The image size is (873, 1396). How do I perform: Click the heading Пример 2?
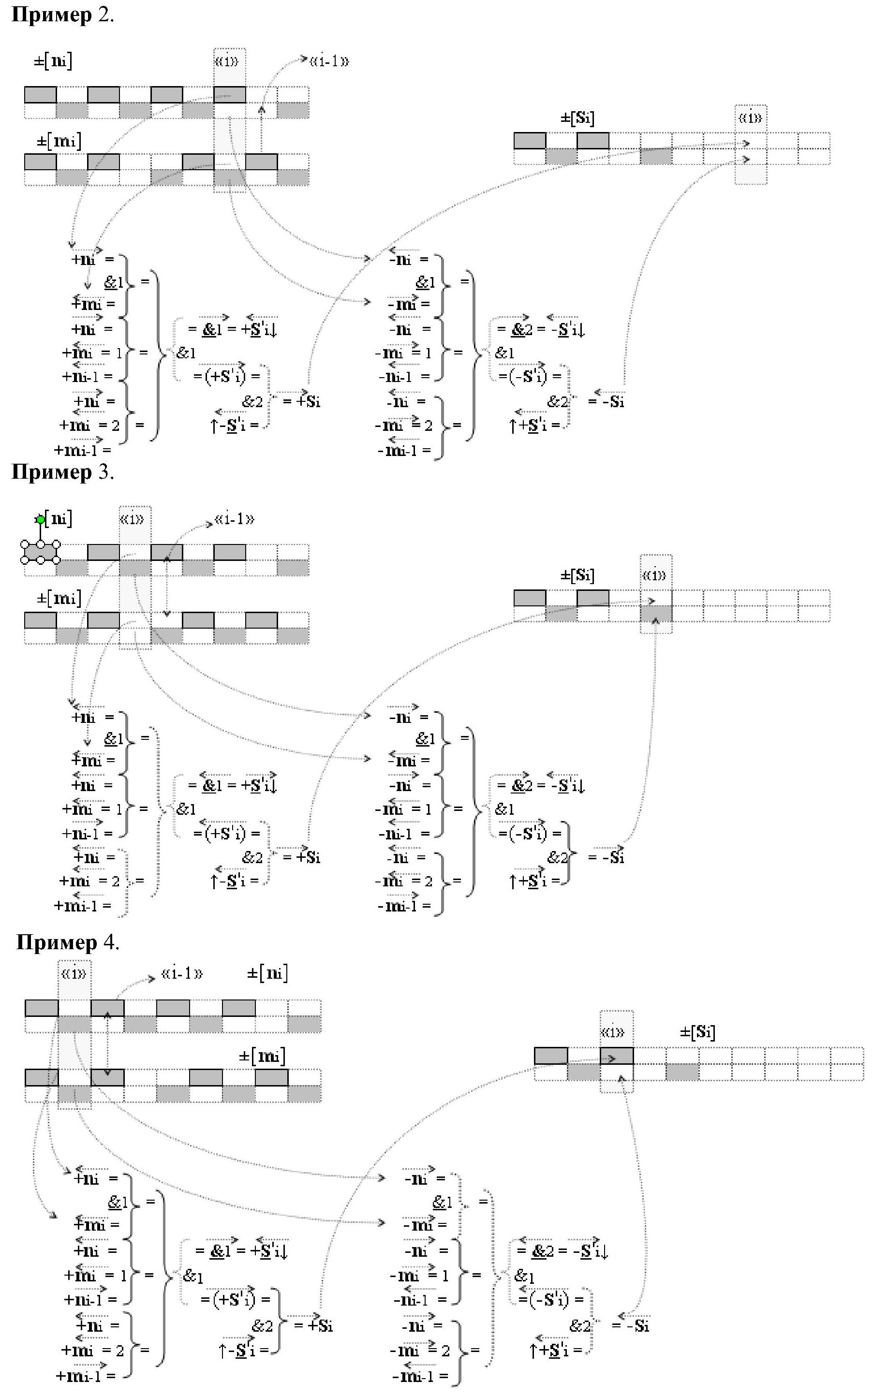click(x=62, y=15)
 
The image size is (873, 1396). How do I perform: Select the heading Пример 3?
click(x=62, y=471)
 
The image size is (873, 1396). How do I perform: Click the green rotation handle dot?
click(x=41, y=519)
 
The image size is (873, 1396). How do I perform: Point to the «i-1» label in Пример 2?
click(x=329, y=61)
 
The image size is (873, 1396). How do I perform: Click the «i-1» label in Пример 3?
click(x=235, y=519)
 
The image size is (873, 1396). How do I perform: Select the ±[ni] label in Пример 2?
click(x=53, y=60)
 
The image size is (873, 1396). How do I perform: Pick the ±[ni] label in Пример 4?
click(x=267, y=973)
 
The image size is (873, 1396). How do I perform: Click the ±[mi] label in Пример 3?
click(x=59, y=597)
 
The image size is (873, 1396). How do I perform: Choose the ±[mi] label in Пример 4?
click(x=262, y=1056)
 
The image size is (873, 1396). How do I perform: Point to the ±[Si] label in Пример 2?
click(x=577, y=118)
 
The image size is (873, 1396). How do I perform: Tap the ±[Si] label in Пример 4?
click(x=697, y=1032)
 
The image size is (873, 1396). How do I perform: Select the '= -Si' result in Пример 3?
click(x=606, y=857)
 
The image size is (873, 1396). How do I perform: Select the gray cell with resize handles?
click(x=41, y=552)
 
